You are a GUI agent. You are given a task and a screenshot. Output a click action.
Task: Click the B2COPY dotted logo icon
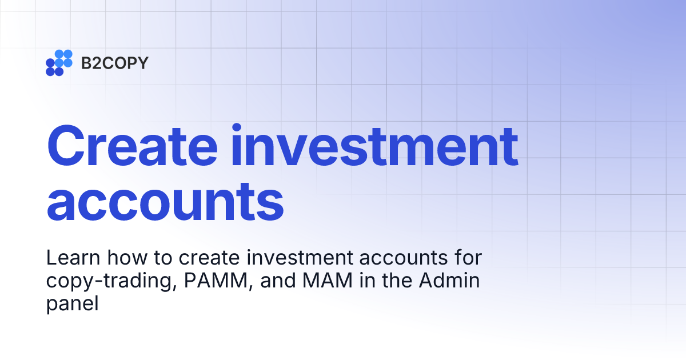(59, 63)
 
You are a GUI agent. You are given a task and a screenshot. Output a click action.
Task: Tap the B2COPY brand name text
(114, 63)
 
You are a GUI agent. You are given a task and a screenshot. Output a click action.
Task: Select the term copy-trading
(108, 282)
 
